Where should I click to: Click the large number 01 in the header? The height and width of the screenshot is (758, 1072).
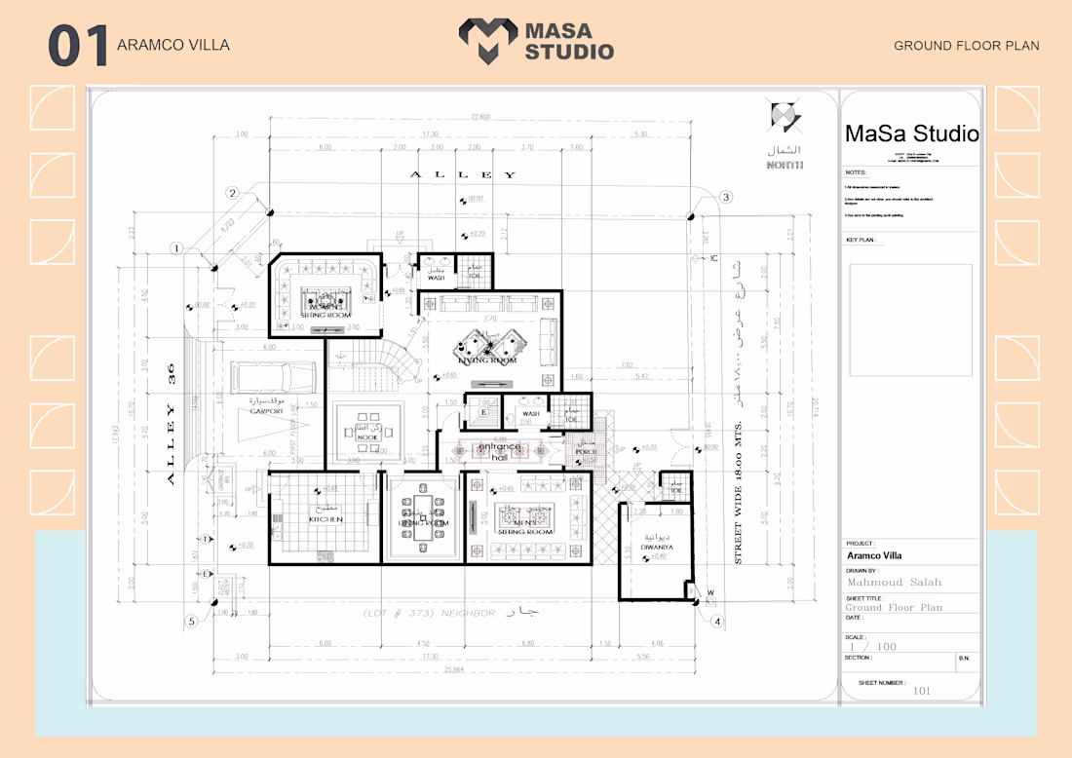click(77, 47)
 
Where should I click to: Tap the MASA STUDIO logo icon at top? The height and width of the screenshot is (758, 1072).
click(488, 42)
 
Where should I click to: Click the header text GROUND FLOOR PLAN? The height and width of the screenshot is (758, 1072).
click(966, 46)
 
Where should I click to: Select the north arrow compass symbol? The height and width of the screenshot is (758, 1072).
click(785, 118)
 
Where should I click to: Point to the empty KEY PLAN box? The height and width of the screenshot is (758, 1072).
click(909, 321)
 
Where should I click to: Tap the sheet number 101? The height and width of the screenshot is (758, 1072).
click(921, 691)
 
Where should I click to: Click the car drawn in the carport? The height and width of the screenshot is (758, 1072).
click(274, 375)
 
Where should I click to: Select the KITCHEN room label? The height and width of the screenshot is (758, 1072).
click(326, 519)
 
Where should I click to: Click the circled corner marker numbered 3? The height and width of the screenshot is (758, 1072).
click(726, 197)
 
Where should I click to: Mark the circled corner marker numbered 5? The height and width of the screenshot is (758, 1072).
click(192, 621)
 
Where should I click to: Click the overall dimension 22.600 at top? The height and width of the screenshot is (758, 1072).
click(479, 118)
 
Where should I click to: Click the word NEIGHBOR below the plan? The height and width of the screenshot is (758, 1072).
click(470, 614)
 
